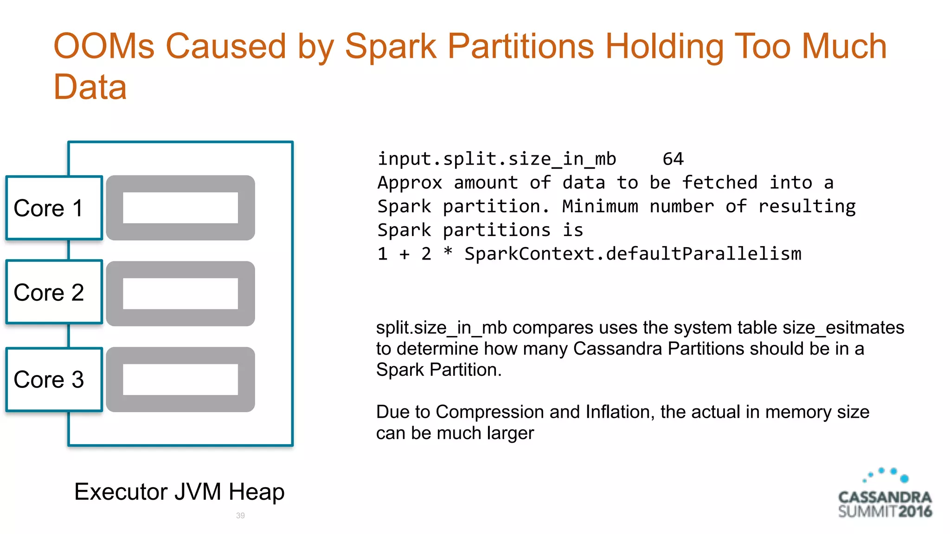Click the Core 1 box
(x=54, y=208)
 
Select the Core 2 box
(x=54, y=292)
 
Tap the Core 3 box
(x=54, y=379)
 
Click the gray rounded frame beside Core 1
(x=180, y=184)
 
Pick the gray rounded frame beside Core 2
(x=180, y=270)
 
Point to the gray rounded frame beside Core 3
(x=180, y=356)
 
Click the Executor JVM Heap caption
(x=179, y=491)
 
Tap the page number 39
(x=240, y=515)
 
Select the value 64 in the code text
(x=673, y=159)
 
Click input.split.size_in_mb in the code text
(x=497, y=159)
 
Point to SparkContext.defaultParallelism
(x=633, y=254)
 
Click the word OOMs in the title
(x=104, y=46)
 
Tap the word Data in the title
(x=90, y=87)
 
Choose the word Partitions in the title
(x=520, y=46)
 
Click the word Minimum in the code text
(x=600, y=206)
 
